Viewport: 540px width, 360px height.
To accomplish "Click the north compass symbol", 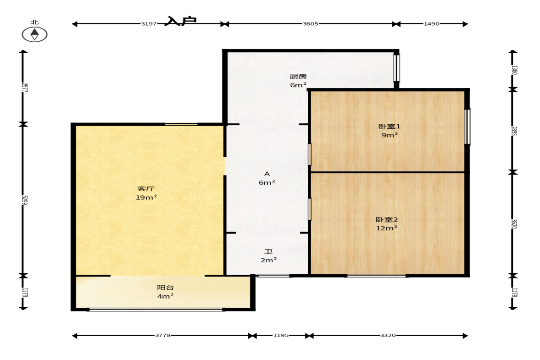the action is click(34, 34).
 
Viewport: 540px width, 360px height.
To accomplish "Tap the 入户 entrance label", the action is click(181, 21).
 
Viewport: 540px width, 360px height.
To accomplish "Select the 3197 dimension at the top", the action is click(149, 24).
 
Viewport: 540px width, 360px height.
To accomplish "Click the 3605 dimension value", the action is click(310, 24).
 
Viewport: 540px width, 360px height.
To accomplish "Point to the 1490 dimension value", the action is click(432, 24).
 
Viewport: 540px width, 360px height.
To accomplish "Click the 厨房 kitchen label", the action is click(298, 77).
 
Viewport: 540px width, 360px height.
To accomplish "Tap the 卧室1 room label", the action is click(390, 126).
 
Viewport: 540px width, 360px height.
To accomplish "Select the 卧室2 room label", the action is click(387, 220).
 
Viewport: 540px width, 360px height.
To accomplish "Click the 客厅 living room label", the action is click(146, 188).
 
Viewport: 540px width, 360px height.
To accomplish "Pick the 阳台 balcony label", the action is click(165, 288).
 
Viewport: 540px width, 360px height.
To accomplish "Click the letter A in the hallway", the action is click(267, 174).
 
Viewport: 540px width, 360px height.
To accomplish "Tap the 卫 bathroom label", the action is click(268, 252).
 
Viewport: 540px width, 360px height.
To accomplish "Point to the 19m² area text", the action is click(146, 197).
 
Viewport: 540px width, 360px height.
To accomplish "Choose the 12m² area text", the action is click(387, 228).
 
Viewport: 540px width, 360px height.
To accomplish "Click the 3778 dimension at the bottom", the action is click(162, 335).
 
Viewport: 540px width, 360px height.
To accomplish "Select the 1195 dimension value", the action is click(281, 335).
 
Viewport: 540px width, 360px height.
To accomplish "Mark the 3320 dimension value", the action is click(388, 335).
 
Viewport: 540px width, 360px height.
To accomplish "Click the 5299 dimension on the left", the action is click(24, 200).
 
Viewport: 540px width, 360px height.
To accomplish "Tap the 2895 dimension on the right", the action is click(514, 131).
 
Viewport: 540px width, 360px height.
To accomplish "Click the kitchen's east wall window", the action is click(397, 67).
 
